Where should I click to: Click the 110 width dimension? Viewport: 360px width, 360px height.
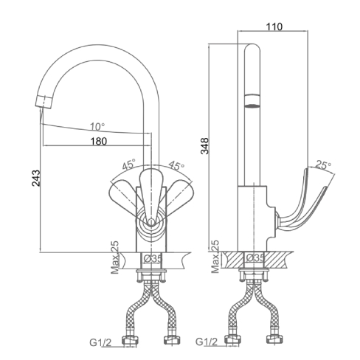point(274,27)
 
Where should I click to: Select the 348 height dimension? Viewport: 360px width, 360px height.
point(204,146)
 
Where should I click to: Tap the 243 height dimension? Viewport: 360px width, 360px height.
point(36,178)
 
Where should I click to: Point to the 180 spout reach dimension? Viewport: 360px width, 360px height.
point(99,141)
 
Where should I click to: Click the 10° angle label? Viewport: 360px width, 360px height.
point(97,127)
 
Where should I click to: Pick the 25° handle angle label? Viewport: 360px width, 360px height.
point(324,165)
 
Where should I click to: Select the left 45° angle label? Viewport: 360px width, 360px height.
point(129,164)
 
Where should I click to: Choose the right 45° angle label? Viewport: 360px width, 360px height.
point(176,165)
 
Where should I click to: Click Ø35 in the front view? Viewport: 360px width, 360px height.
point(153,258)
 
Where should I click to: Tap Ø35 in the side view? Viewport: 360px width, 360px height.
point(255,257)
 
